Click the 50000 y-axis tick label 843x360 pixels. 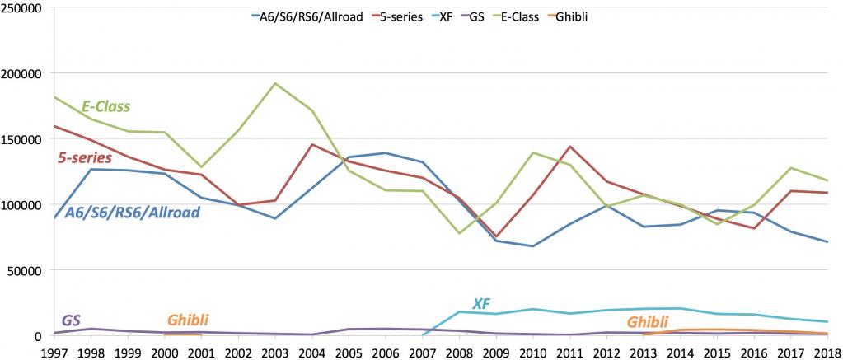coord(28,270)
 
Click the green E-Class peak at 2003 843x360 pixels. coord(275,83)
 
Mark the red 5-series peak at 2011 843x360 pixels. coord(570,146)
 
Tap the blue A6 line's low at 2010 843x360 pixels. coord(533,246)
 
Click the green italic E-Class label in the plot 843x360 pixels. coord(106,107)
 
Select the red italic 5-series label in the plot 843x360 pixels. coord(84,158)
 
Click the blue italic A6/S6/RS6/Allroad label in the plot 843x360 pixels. coord(132,213)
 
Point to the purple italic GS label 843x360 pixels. coord(71,320)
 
